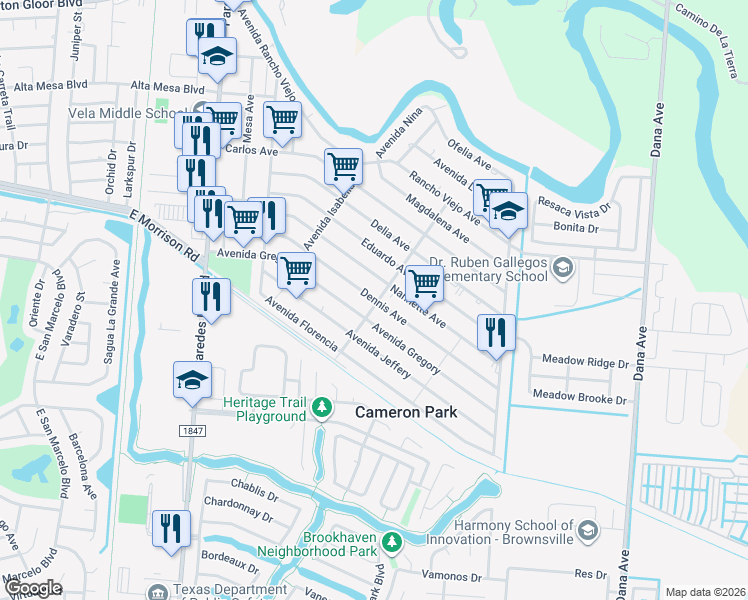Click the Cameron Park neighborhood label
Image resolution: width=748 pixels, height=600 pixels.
click(407, 412)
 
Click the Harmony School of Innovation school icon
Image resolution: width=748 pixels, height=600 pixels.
click(588, 531)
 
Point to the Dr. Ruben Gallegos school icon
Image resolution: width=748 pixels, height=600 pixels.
click(564, 267)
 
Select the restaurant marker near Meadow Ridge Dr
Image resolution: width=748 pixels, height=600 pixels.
click(496, 331)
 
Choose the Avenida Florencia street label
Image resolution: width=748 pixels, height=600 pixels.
click(301, 328)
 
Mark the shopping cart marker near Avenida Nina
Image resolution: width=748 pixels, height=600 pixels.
click(343, 165)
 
